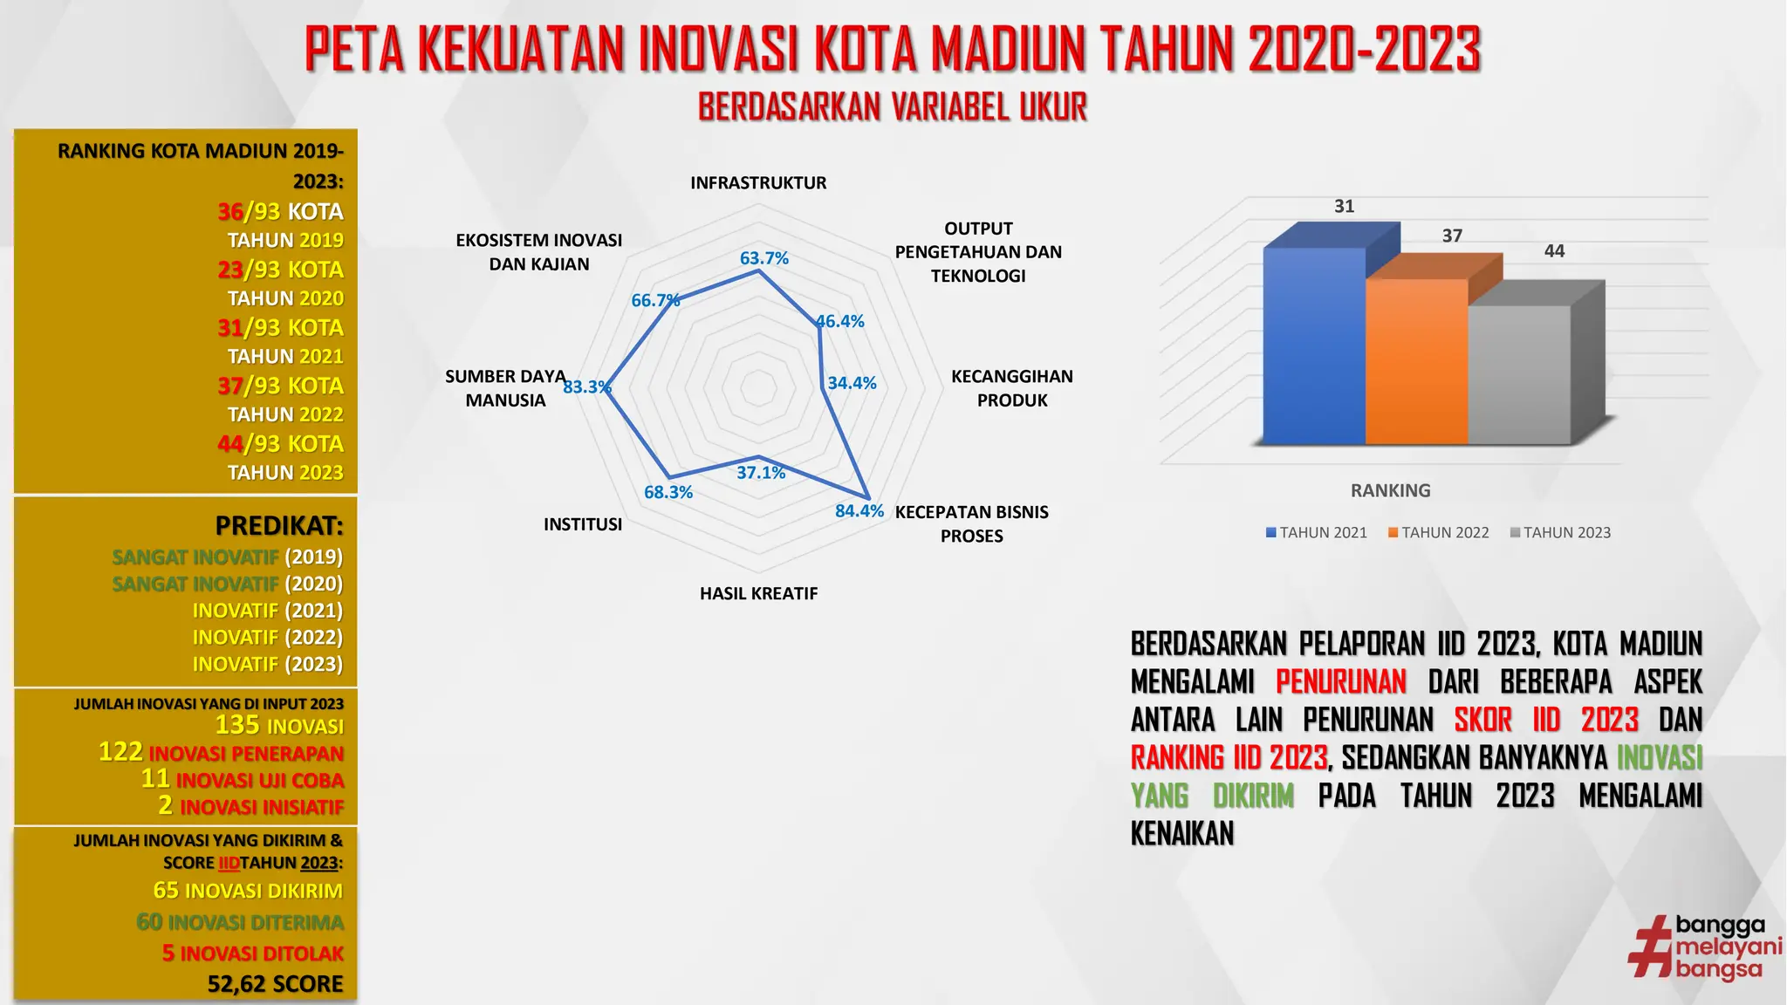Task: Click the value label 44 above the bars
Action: pos(1554,251)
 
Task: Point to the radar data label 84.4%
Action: pos(859,511)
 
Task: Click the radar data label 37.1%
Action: pos(761,473)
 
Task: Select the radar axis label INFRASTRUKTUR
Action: pos(758,183)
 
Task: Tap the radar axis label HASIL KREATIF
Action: pos(758,593)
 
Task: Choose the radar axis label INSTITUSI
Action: pos(583,524)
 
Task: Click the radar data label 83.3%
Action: pos(586,386)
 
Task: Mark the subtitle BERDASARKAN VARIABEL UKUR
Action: pos(893,107)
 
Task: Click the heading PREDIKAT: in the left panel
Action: pos(279,526)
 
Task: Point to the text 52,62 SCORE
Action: pos(275,984)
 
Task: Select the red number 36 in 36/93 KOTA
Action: pos(230,212)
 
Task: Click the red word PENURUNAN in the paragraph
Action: pos(1340,681)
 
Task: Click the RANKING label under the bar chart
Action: pos(1390,490)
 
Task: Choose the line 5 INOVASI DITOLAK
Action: pos(253,954)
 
